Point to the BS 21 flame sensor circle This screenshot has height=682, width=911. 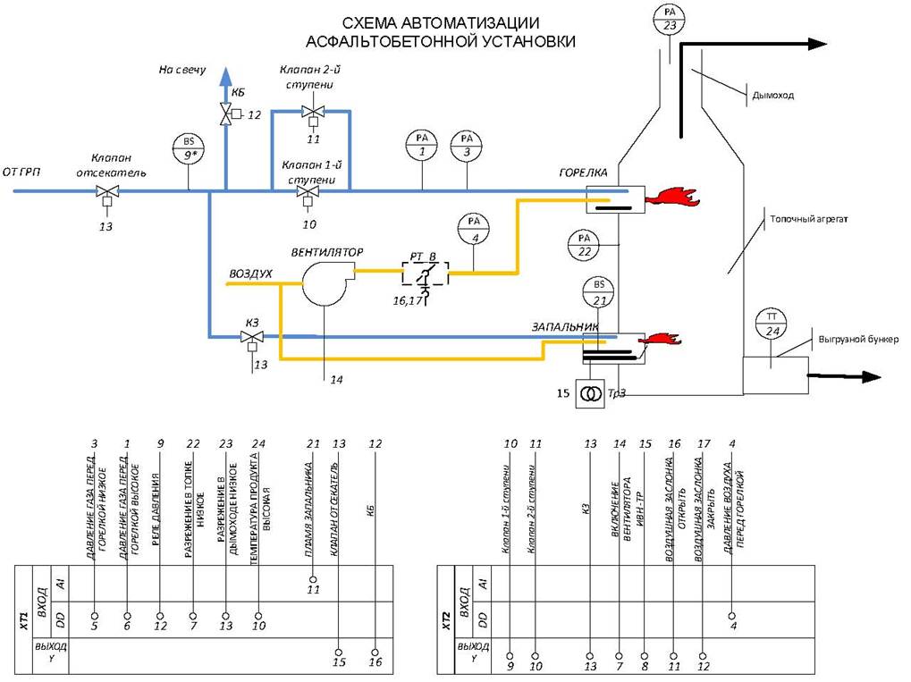[x=598, y=292]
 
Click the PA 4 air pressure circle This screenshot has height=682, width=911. [x=474, y=228]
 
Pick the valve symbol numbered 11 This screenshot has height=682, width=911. [x=312, y=113]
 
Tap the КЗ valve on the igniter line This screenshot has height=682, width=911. [x=250, y=337]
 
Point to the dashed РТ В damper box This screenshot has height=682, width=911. [x=425, y=274]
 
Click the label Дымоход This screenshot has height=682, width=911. [x=773, y=95]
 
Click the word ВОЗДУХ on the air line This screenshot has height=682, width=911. [x=251, y=273]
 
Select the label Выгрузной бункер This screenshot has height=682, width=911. [x=858, y=340]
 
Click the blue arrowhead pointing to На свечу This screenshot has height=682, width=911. [x=226, y=76]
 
